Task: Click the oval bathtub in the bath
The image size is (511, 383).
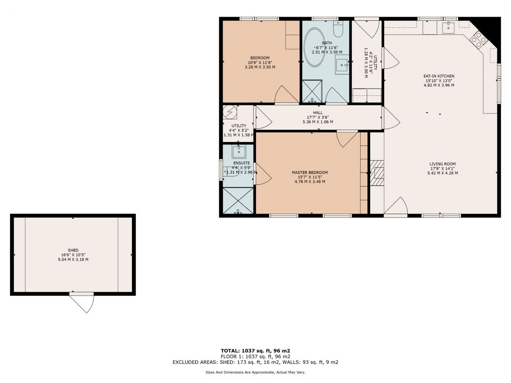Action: pos(315,47)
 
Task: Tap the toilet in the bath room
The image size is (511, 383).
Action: pos(338,29)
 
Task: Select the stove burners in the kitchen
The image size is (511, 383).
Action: pos(479,40)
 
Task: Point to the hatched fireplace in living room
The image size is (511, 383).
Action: pos(377,173)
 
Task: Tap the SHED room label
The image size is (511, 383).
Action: pos(73,250)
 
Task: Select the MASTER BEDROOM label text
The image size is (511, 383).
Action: pos(310,172)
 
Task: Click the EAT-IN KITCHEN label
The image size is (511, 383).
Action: pos(439,76)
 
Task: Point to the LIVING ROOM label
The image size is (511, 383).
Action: pos(442,164)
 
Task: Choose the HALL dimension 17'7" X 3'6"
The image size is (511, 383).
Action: pos(318,117)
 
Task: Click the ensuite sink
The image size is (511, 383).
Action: pos(239,152)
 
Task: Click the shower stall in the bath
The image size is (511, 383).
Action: pos(312,91)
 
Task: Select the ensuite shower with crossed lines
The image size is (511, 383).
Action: pos(238,200)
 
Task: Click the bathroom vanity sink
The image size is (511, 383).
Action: pos(342,65)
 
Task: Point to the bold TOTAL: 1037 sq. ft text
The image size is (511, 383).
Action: pos(255,351)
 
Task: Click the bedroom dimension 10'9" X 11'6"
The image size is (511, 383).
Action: pos(260,63)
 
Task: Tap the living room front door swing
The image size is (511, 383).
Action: pos(396,206)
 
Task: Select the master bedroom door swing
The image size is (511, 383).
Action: pos(347,139)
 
